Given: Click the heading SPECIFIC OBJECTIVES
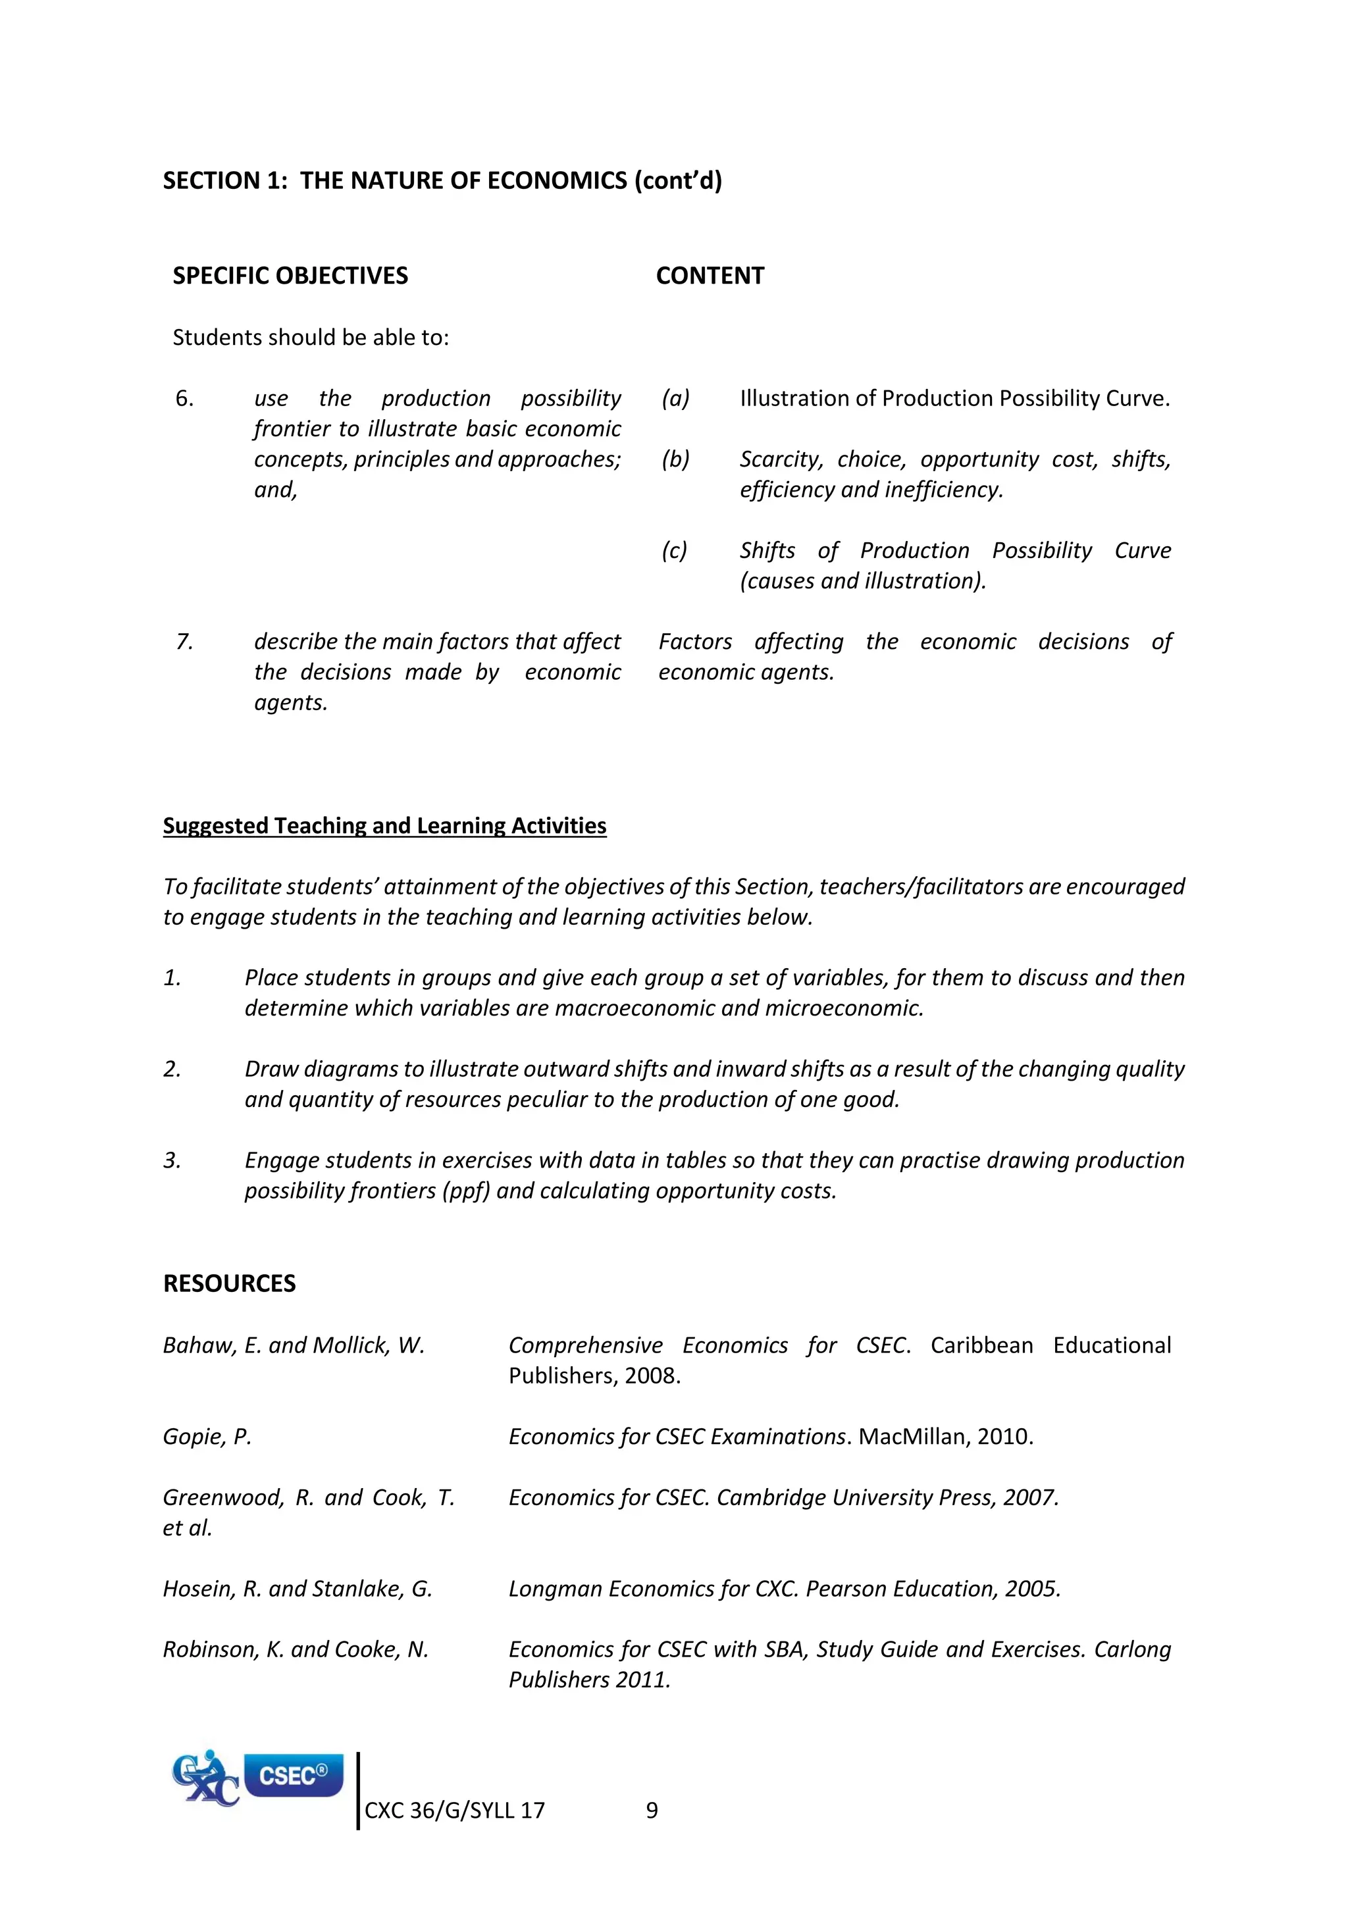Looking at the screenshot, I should coord(290,276).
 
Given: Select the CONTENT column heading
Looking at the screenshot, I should coord(710,276).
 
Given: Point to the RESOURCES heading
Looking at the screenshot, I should coord(229,1283).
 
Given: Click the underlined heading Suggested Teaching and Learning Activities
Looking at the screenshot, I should coord(384,825).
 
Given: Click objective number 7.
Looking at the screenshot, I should coord(184,642).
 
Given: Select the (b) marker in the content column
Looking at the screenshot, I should coord(675,459).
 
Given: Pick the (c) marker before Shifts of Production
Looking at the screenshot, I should coord(674,550).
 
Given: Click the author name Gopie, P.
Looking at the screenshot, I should coord(207,1436).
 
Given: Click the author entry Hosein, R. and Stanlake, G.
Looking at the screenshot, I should coord(297,1588).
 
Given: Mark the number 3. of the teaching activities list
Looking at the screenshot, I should coord(172,1160).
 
